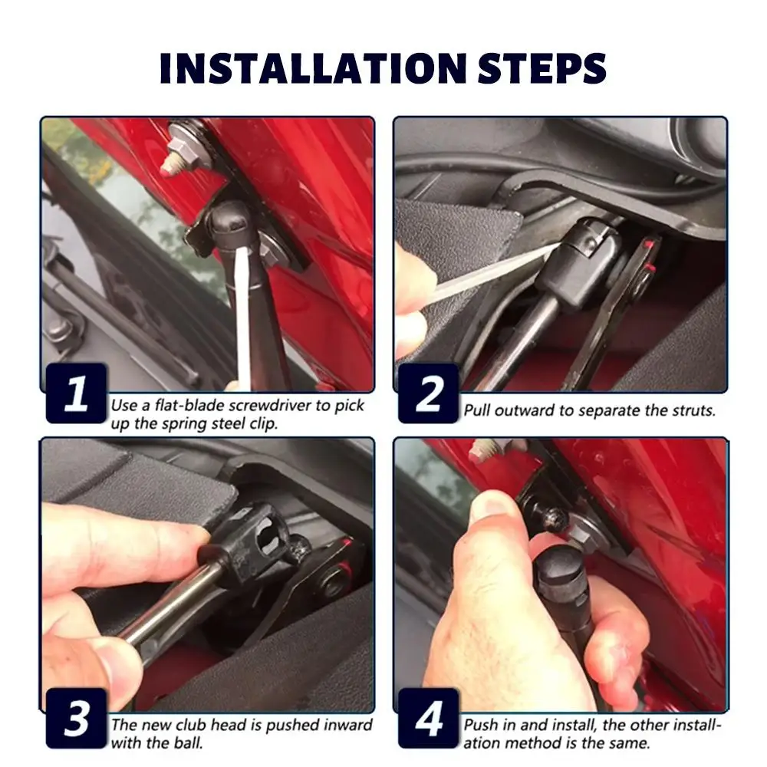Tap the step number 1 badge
pos(76,393)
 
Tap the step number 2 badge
pos(429,393)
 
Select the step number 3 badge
pos(76,718)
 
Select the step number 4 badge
pos(429,718)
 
